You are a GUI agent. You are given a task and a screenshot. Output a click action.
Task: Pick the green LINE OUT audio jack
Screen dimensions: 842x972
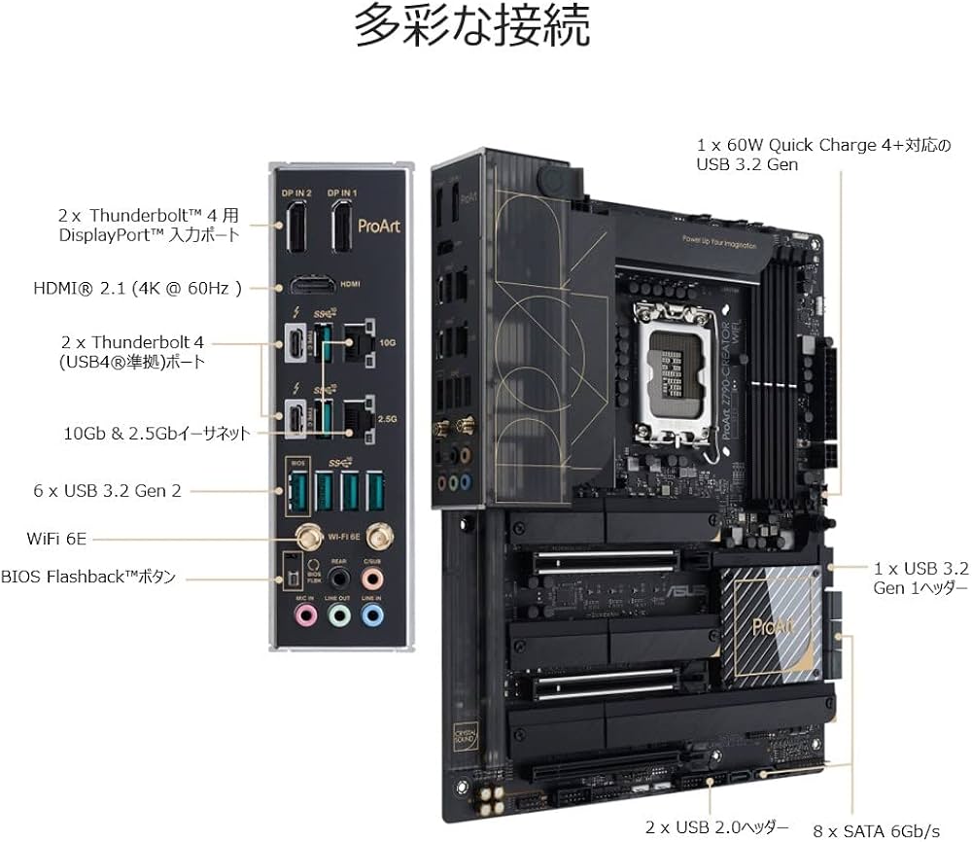[338, 614]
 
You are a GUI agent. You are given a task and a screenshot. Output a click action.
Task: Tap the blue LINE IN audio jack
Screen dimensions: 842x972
[371, 614]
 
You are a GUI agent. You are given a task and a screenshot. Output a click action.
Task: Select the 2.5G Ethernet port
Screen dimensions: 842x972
[361, 415]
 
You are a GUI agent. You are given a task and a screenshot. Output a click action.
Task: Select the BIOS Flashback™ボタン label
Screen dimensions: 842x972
[88, 577]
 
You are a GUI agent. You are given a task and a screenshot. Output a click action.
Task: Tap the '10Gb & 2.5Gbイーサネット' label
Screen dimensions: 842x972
[156, 433]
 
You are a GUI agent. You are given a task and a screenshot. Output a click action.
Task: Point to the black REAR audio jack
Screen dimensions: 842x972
[338, 578]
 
